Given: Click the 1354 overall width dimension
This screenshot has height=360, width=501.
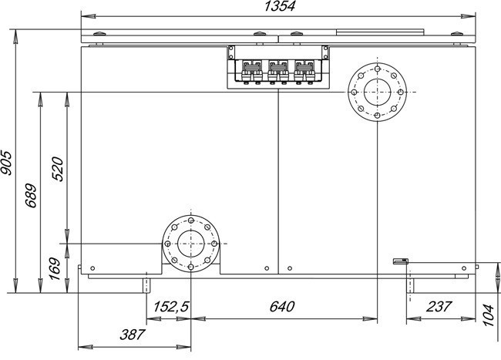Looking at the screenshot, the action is coord(280,6).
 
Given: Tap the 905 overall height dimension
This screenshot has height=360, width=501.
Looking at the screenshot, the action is coord(6,163).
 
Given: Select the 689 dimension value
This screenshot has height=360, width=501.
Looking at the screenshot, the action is coord(31,196).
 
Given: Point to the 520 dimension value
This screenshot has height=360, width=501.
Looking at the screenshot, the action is coord(58,169).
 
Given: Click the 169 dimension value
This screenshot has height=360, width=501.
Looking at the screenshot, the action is coord(55,268).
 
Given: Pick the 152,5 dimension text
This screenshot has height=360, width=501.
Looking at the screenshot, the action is coord(171,307).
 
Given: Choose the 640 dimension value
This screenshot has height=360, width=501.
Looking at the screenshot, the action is coord(282,307).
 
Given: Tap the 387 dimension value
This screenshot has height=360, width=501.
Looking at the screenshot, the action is coord(133,335).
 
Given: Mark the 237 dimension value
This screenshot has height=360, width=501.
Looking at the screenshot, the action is coord(439,307).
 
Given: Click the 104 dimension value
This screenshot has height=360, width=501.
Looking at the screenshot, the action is coord(488,315).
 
